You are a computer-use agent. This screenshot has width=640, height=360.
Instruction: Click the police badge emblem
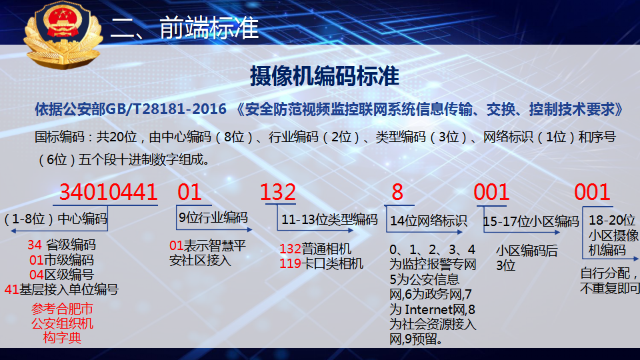(63, 35)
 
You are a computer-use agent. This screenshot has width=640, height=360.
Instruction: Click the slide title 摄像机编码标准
(325, 76)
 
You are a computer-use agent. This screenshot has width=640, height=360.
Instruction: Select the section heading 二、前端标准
(185, 28)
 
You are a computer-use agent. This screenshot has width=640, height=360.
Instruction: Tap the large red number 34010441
(108, 192)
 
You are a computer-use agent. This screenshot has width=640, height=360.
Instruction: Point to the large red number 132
(278, 192)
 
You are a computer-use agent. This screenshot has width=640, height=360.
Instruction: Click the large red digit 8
(397, 192)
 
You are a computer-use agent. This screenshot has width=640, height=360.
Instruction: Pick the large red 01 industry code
(189, 192)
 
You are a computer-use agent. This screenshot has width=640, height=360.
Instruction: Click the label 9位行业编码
(213, 217)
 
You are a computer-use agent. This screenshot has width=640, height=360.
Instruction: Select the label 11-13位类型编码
(329, 219)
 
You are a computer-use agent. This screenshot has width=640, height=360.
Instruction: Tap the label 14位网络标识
(428, 221)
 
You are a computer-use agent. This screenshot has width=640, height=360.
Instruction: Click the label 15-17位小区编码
(531, 221)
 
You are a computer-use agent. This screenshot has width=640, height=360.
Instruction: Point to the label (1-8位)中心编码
(55, 219)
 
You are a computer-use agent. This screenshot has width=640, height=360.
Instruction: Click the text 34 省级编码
(61, 245)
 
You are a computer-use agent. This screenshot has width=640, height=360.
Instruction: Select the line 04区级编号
(61, 275)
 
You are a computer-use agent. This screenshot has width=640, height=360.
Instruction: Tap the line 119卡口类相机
(321, 264)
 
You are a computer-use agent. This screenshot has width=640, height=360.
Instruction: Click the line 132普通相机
(315, 249)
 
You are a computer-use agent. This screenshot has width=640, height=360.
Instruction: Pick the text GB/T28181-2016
(166, 109)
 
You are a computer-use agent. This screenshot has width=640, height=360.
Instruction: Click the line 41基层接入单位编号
(61, 289)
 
